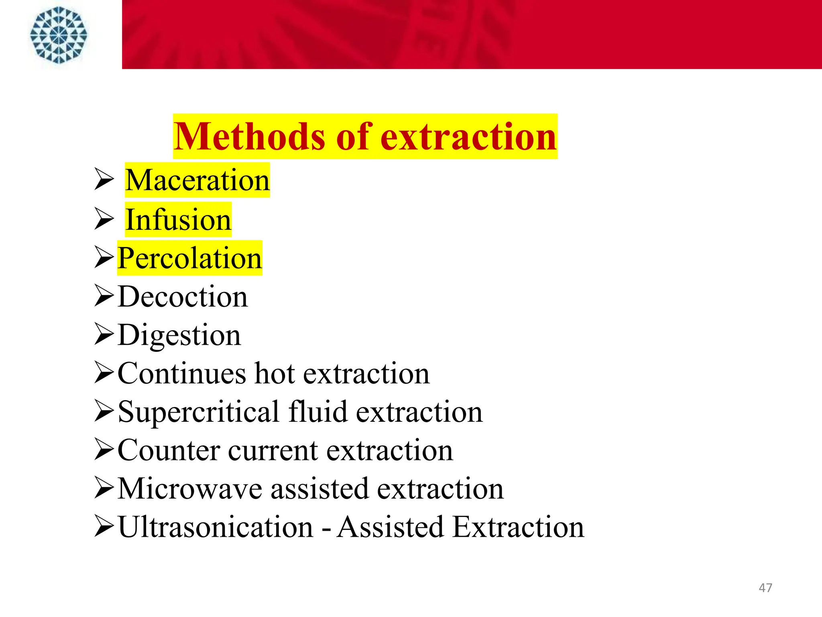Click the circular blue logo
(59, 35)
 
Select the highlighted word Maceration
(197, 180)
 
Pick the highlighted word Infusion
(178, 219)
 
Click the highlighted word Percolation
(189, 258)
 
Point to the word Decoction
(183, 296)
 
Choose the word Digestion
(179, 335)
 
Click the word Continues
(181, 374)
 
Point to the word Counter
(169, 450)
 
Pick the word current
(273, 450)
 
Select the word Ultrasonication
(216, 527)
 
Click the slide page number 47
(765, 588)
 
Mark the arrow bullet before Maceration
(104, 179)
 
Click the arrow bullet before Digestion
(104, 334)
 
